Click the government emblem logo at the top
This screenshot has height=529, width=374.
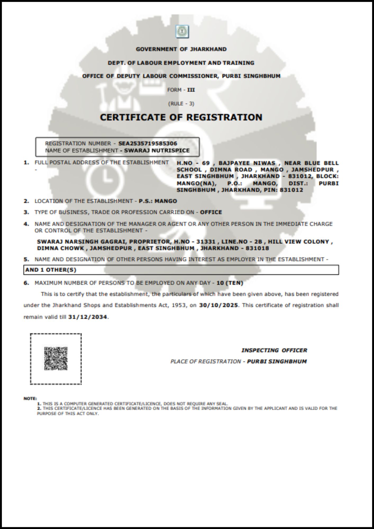182,31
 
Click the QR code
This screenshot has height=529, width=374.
56,358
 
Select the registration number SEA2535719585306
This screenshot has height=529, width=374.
148,144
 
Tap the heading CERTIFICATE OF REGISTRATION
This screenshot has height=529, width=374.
181,117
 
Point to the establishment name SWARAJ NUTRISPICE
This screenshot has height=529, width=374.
157,151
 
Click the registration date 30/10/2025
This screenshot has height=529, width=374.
218,305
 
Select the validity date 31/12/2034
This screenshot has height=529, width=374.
88,317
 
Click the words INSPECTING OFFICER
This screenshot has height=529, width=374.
274,350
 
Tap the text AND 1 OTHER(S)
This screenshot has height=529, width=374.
51,270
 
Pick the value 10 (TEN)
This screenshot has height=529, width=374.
230,283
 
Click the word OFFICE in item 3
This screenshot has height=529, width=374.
211,212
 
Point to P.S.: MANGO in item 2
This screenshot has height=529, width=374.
158,201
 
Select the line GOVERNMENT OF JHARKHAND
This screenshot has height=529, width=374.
181,49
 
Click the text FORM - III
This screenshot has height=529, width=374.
181,90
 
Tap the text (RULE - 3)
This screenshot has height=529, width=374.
181,103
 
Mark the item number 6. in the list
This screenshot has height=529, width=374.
26,283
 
